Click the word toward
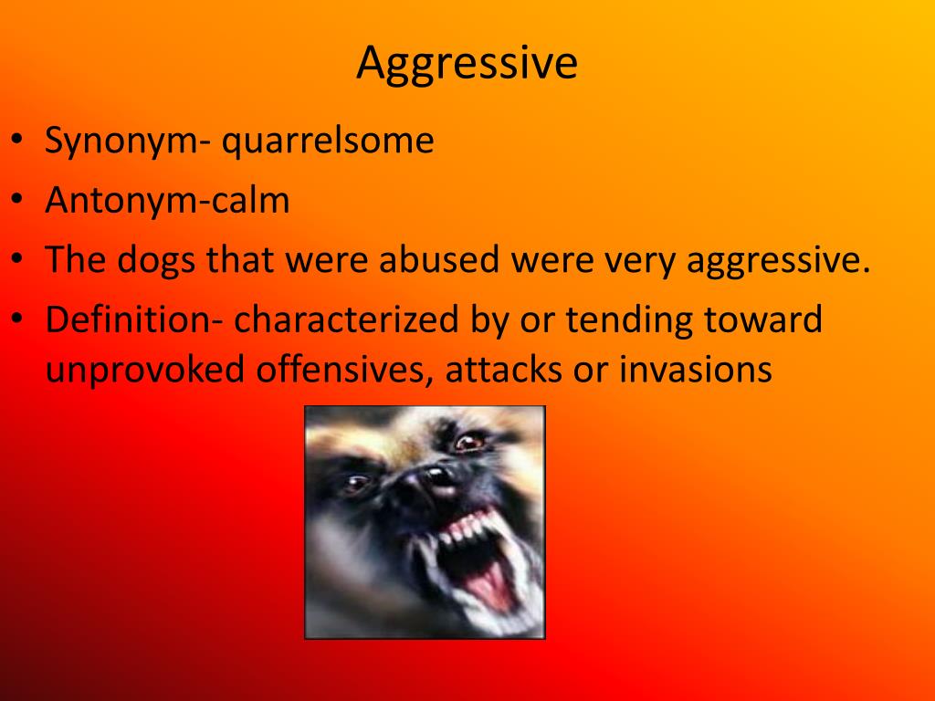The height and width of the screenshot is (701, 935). (x=768, y=319)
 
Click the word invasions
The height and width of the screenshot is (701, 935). (x=696, y=370)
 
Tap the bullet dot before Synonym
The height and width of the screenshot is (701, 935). (x=18, y=141)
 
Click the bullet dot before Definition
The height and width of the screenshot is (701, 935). (x=18, y=320)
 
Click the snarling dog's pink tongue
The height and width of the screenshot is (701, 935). (x=491, y=583)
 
